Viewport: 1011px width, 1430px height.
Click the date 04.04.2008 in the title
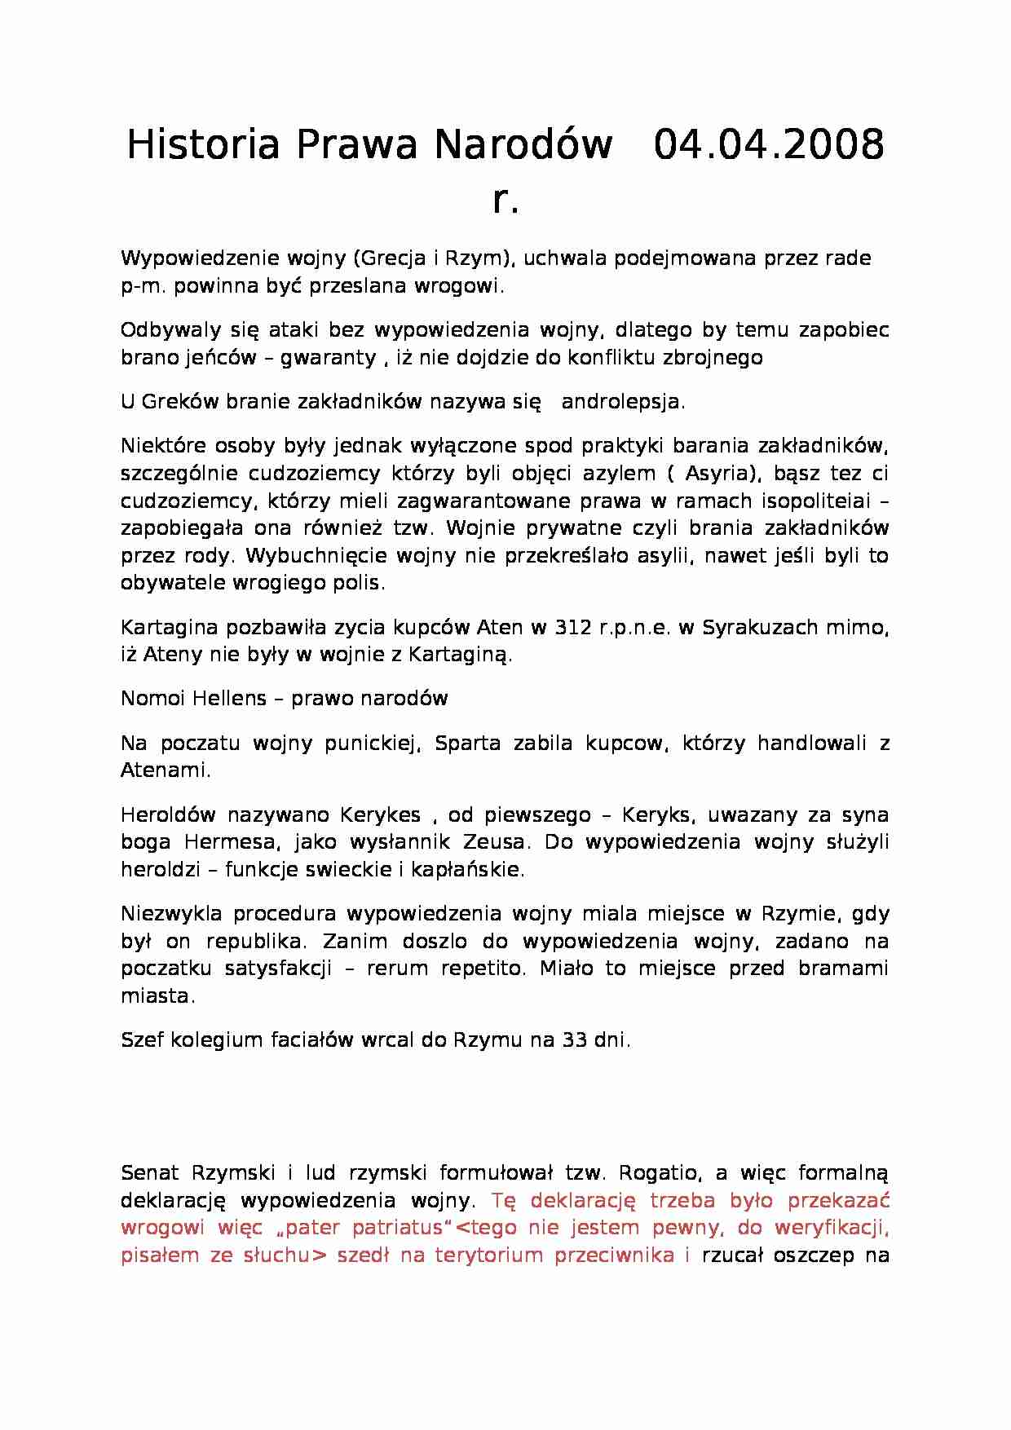pyautogui.click(x=769, y=144)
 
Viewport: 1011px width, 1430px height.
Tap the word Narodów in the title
pyautogui.click(x=523, y=144)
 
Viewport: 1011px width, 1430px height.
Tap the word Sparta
pyautogui.click(x=468, y=743)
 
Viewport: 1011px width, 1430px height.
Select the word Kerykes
pyautogui.click(x=381, y=814)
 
